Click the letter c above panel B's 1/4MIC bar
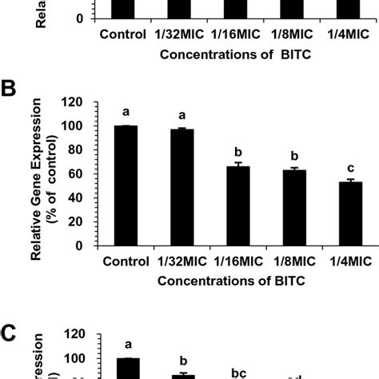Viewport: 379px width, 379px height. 352,167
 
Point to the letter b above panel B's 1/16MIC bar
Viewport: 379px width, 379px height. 240,150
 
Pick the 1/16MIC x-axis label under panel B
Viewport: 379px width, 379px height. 240,261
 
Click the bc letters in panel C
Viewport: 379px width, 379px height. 239,373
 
